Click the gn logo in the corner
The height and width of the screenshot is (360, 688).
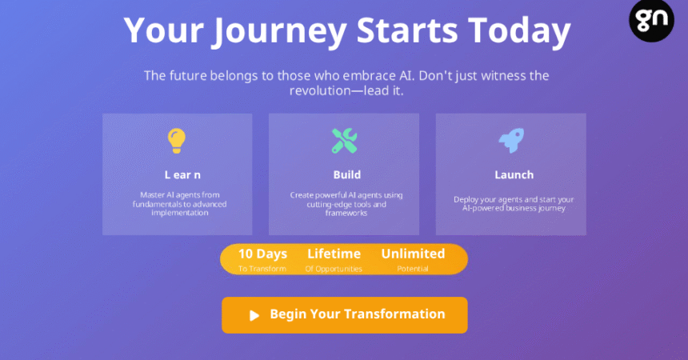coord(651,20)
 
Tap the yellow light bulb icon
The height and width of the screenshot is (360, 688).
coord(176,141)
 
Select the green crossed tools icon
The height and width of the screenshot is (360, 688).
coord(345,141)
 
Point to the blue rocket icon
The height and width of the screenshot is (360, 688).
coord(512,141)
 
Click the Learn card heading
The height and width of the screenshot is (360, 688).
coord(182,174)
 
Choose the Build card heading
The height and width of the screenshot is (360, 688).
coord(347,174)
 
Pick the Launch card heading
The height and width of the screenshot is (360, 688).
coord(514,174)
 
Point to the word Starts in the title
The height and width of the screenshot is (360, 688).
coord(407,30)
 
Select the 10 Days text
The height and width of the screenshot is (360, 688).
coord(262,254)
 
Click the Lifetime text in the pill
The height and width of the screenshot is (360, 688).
coord(334,254)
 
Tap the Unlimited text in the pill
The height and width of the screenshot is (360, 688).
coord(413,254)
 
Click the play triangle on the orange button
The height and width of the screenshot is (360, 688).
coord(254,315)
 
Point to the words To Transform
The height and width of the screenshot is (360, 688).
coord(262,269)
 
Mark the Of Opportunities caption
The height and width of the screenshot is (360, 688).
coord(334,269)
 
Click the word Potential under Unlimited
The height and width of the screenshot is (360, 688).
coord(413,269)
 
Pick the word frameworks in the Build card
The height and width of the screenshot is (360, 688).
coord(346,213)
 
